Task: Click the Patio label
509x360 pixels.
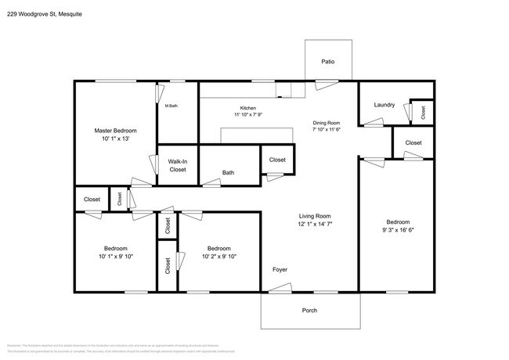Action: coord(329,61)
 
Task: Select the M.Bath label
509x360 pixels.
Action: coord(171,106)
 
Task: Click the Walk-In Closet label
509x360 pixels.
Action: coord(178,165)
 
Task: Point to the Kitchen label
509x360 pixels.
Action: coord(248,108)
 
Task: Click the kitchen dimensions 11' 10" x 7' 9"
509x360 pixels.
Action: coord(248,116)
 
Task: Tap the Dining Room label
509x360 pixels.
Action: coord(327,122)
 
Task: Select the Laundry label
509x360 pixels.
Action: coord(384,105)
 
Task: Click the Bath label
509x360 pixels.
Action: coord(228,173)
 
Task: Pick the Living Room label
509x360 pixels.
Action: coord(315,216)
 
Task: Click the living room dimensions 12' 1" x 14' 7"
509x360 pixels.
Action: coord(315,225)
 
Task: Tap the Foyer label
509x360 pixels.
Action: coord(280,270)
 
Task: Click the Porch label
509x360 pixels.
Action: coord(310,311)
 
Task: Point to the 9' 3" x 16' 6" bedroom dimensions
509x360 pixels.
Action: coord(398,230)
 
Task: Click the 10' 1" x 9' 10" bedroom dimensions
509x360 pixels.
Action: coord(116,256)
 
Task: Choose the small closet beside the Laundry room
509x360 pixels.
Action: coord(423,112)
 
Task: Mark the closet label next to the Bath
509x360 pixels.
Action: coord(277,160)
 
